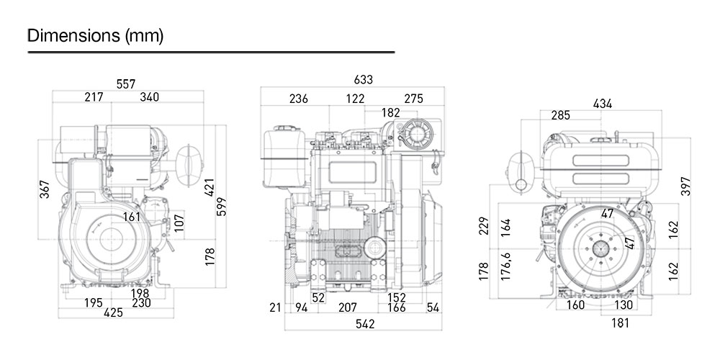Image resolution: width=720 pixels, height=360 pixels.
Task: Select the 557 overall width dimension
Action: click(x=126, y=84)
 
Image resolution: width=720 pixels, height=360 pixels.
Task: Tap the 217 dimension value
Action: click(x=94, y=98)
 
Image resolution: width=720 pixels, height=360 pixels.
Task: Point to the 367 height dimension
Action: click(x=45, y=190)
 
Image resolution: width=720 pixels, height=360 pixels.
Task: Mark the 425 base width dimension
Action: click(x=114, y=313)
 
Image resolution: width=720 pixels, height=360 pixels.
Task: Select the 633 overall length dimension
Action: click(x=364, y=80)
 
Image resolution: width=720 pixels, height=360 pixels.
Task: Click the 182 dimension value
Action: click(x=390, y=112)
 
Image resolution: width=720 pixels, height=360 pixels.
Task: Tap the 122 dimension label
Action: click(x=355, y=99)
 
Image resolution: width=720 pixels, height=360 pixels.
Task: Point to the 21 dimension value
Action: click(x=274, y=308)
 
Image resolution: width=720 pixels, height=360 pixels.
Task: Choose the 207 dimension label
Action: click(x=348, y=308)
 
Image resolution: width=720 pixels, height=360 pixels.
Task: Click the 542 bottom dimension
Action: click(x=365, y=325)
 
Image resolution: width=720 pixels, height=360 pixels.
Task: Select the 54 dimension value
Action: click(x=433, y=308)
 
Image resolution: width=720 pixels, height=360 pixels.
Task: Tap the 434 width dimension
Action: click(x=603, y=104)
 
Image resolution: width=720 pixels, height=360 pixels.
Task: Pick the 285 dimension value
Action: click(x=561, y=115)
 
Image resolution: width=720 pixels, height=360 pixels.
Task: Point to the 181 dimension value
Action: click(x=619, y=323)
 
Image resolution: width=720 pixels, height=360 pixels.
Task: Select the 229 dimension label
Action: click(x=484, y=225)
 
